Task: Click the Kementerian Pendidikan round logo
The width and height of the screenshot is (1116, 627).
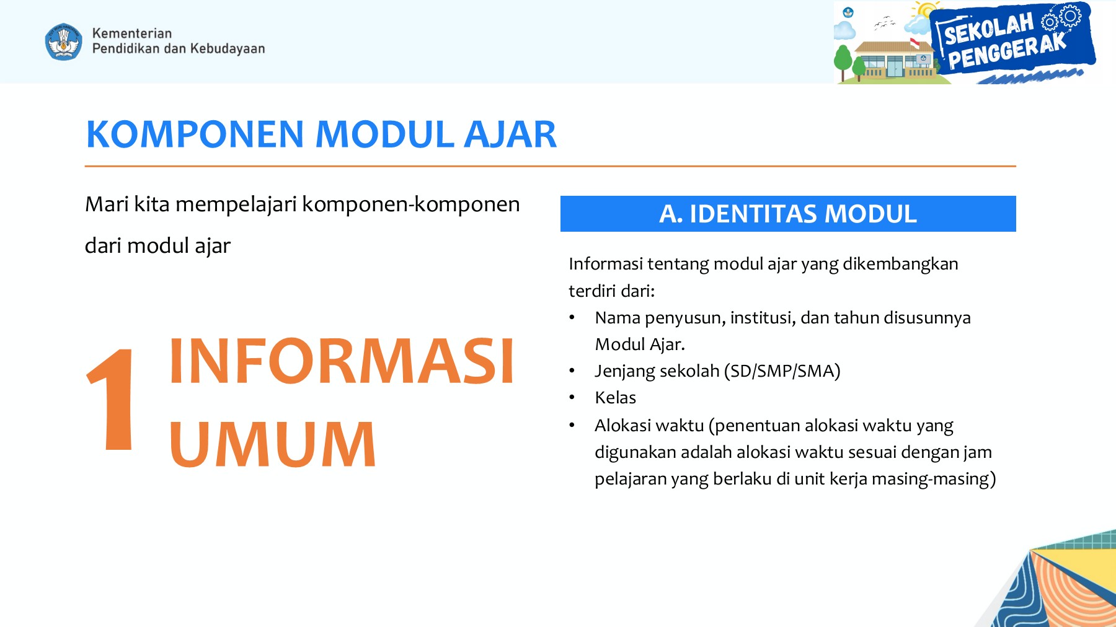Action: tap(63, 42)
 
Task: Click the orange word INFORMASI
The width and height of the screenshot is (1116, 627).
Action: tap(341, 362)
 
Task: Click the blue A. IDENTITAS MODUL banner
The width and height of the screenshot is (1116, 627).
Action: tap(787, 214)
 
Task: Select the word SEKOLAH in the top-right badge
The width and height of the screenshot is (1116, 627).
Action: tap(988, 29)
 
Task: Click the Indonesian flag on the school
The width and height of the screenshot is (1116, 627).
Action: tap(914, 43)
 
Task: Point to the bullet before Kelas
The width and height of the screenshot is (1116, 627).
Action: tap(572, 398)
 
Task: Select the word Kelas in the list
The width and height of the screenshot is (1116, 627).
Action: tap(615, 398)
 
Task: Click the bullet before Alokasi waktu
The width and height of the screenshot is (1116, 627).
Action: tap(572, 426)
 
